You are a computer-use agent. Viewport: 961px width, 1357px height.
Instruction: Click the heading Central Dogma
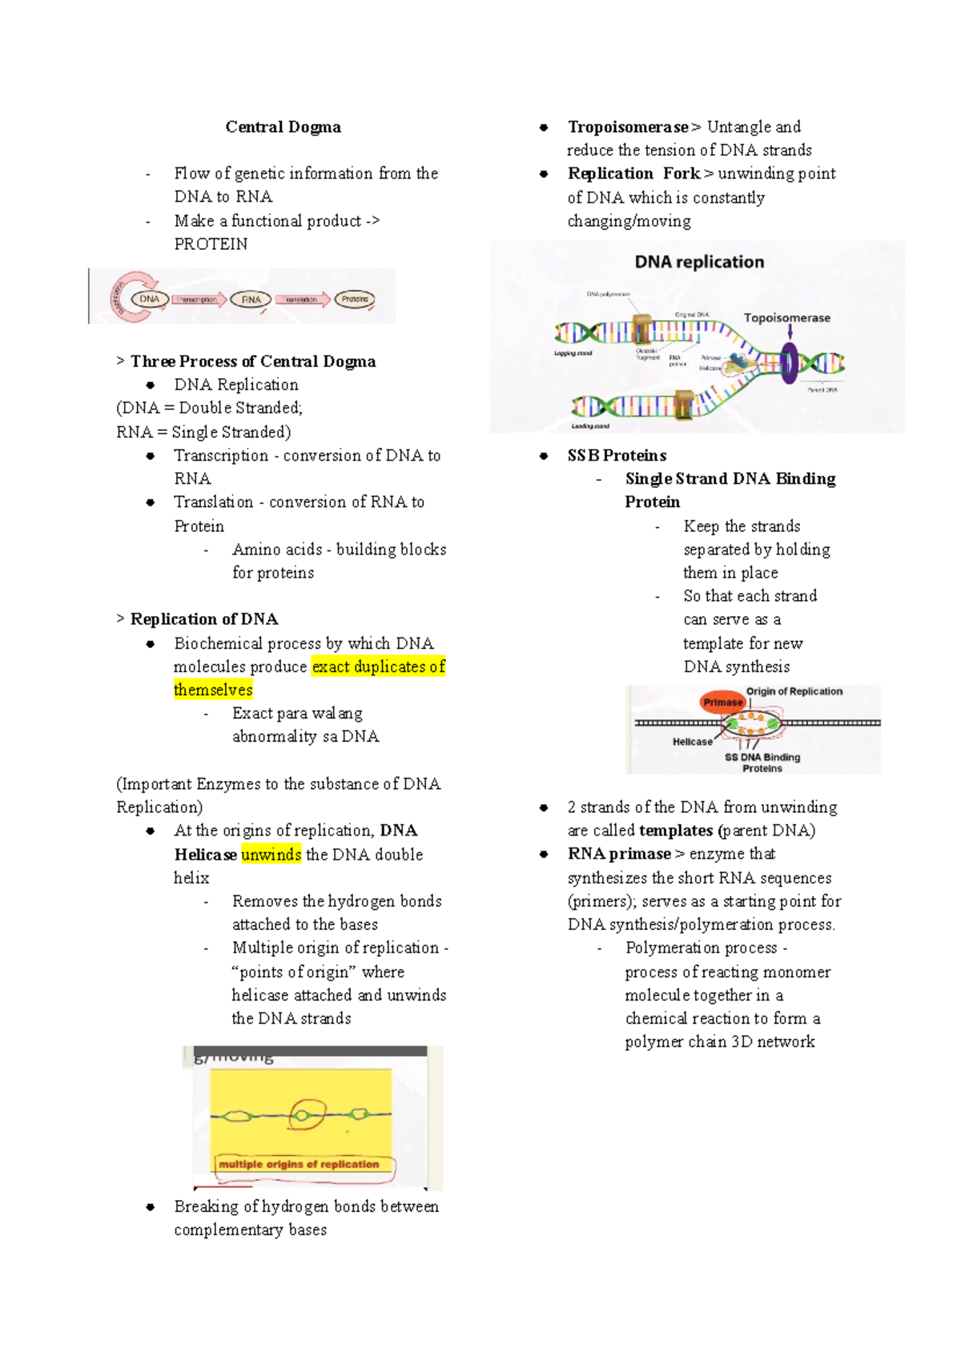tap(283, 127)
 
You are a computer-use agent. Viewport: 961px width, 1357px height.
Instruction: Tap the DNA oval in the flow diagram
tap(150, 299)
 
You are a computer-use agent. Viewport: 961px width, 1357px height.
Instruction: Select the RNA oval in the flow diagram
tap(251, 300)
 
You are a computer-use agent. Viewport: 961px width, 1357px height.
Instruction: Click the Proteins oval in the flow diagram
tap(354, 300)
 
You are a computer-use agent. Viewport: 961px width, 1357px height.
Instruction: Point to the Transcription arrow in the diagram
tap(198, 300)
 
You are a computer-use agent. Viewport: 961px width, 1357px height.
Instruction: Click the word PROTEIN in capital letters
tap(211, 244)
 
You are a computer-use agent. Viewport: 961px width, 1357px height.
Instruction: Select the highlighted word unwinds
tap(271, 854)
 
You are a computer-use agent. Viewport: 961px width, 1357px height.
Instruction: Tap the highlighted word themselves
tap(213, 690)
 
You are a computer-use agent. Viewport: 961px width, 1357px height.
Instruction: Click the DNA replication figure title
tap(698, 262)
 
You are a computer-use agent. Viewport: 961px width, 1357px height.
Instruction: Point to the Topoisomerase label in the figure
tap(786, 318)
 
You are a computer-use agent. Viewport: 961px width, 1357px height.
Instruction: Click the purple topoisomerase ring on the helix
tap(790, 363)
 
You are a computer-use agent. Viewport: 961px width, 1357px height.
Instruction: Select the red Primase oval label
tap(722, 703)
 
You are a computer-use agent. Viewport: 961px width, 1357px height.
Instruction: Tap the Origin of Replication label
tap(794, 691)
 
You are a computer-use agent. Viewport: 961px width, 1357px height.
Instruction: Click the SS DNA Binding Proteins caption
tap(762, 763)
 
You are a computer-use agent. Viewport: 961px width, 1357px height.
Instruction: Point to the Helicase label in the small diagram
tap(692, 742)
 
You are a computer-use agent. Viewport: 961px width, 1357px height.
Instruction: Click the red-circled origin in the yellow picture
tap(305, 1113)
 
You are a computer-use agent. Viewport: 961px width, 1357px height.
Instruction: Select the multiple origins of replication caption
tap(299, 1164)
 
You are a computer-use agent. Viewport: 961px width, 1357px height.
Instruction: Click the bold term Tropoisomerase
tap(628, 127)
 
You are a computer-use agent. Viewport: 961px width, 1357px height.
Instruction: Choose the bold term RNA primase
tap(619, 854)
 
